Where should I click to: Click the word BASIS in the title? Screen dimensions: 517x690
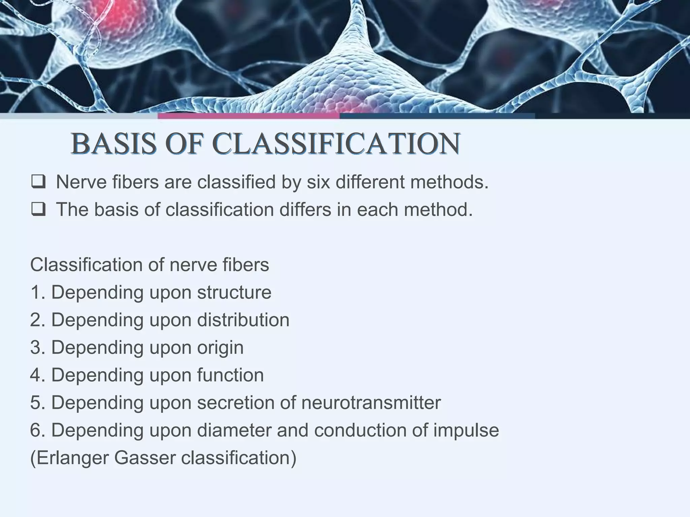pos(114,144)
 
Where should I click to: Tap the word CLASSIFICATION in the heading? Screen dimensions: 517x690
pos(337,144)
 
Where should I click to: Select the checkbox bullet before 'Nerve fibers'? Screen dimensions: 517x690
pos(38,182)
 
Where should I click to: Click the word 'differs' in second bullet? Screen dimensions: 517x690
pos(305,209)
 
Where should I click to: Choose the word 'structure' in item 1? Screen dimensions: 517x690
pos(234,292)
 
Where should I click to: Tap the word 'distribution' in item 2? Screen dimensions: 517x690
pos(243,320)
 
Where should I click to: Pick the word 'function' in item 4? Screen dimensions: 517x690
pos(230,375)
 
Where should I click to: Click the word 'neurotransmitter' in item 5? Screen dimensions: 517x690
pos(371,403)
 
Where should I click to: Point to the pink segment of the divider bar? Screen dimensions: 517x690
pos(249,116)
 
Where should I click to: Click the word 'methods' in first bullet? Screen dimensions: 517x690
pos(446,182)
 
